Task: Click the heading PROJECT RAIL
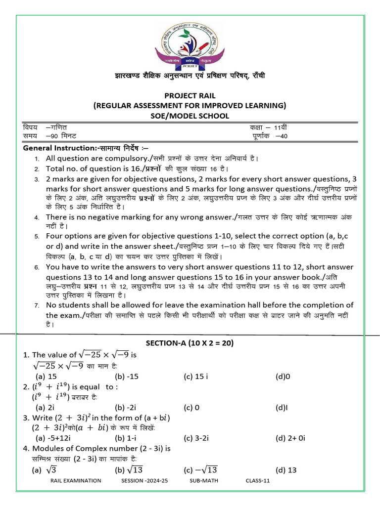pyautogui.click(x=190, y=95)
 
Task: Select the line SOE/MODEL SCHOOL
pyautogui.click(x=190, y=116)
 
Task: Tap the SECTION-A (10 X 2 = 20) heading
pyautogui.click(x=190, y=343)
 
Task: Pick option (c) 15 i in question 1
pyautogui.click(x=195, y=377)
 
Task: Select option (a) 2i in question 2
pyautogui.click(x=45, y=408)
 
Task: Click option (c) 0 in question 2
pyautogui.click(x=191, y=408)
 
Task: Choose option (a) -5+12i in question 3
pyautogui.click(x=55, y=438)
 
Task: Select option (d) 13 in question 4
pyautogui.click(x=286, y=469)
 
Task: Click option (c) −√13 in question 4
pyautogui.click(x=200, y=469)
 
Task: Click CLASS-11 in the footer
pyautogui.click(x=257, y=481)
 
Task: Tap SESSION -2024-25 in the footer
pyautogui.click(x=144, y=481)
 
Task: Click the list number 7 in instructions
pyautogui.click(x=37, y=305)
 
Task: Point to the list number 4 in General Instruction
pyautogui.click(x=37, y=217)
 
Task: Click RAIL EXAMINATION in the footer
pyautogui.click(x=76, y=481)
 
